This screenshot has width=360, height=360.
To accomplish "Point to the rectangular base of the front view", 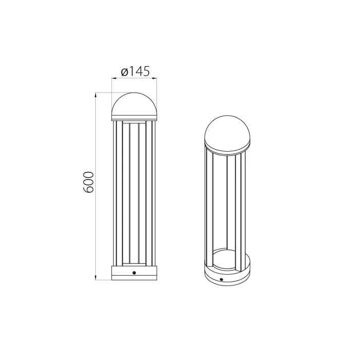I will point(134,273).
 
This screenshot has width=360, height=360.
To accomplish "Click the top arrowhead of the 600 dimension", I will point(96,95).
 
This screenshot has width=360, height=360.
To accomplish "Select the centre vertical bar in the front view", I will point(134,193).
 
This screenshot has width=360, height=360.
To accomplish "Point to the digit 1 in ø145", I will point(131,71).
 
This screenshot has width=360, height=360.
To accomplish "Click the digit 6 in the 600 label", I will point(88,189).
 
